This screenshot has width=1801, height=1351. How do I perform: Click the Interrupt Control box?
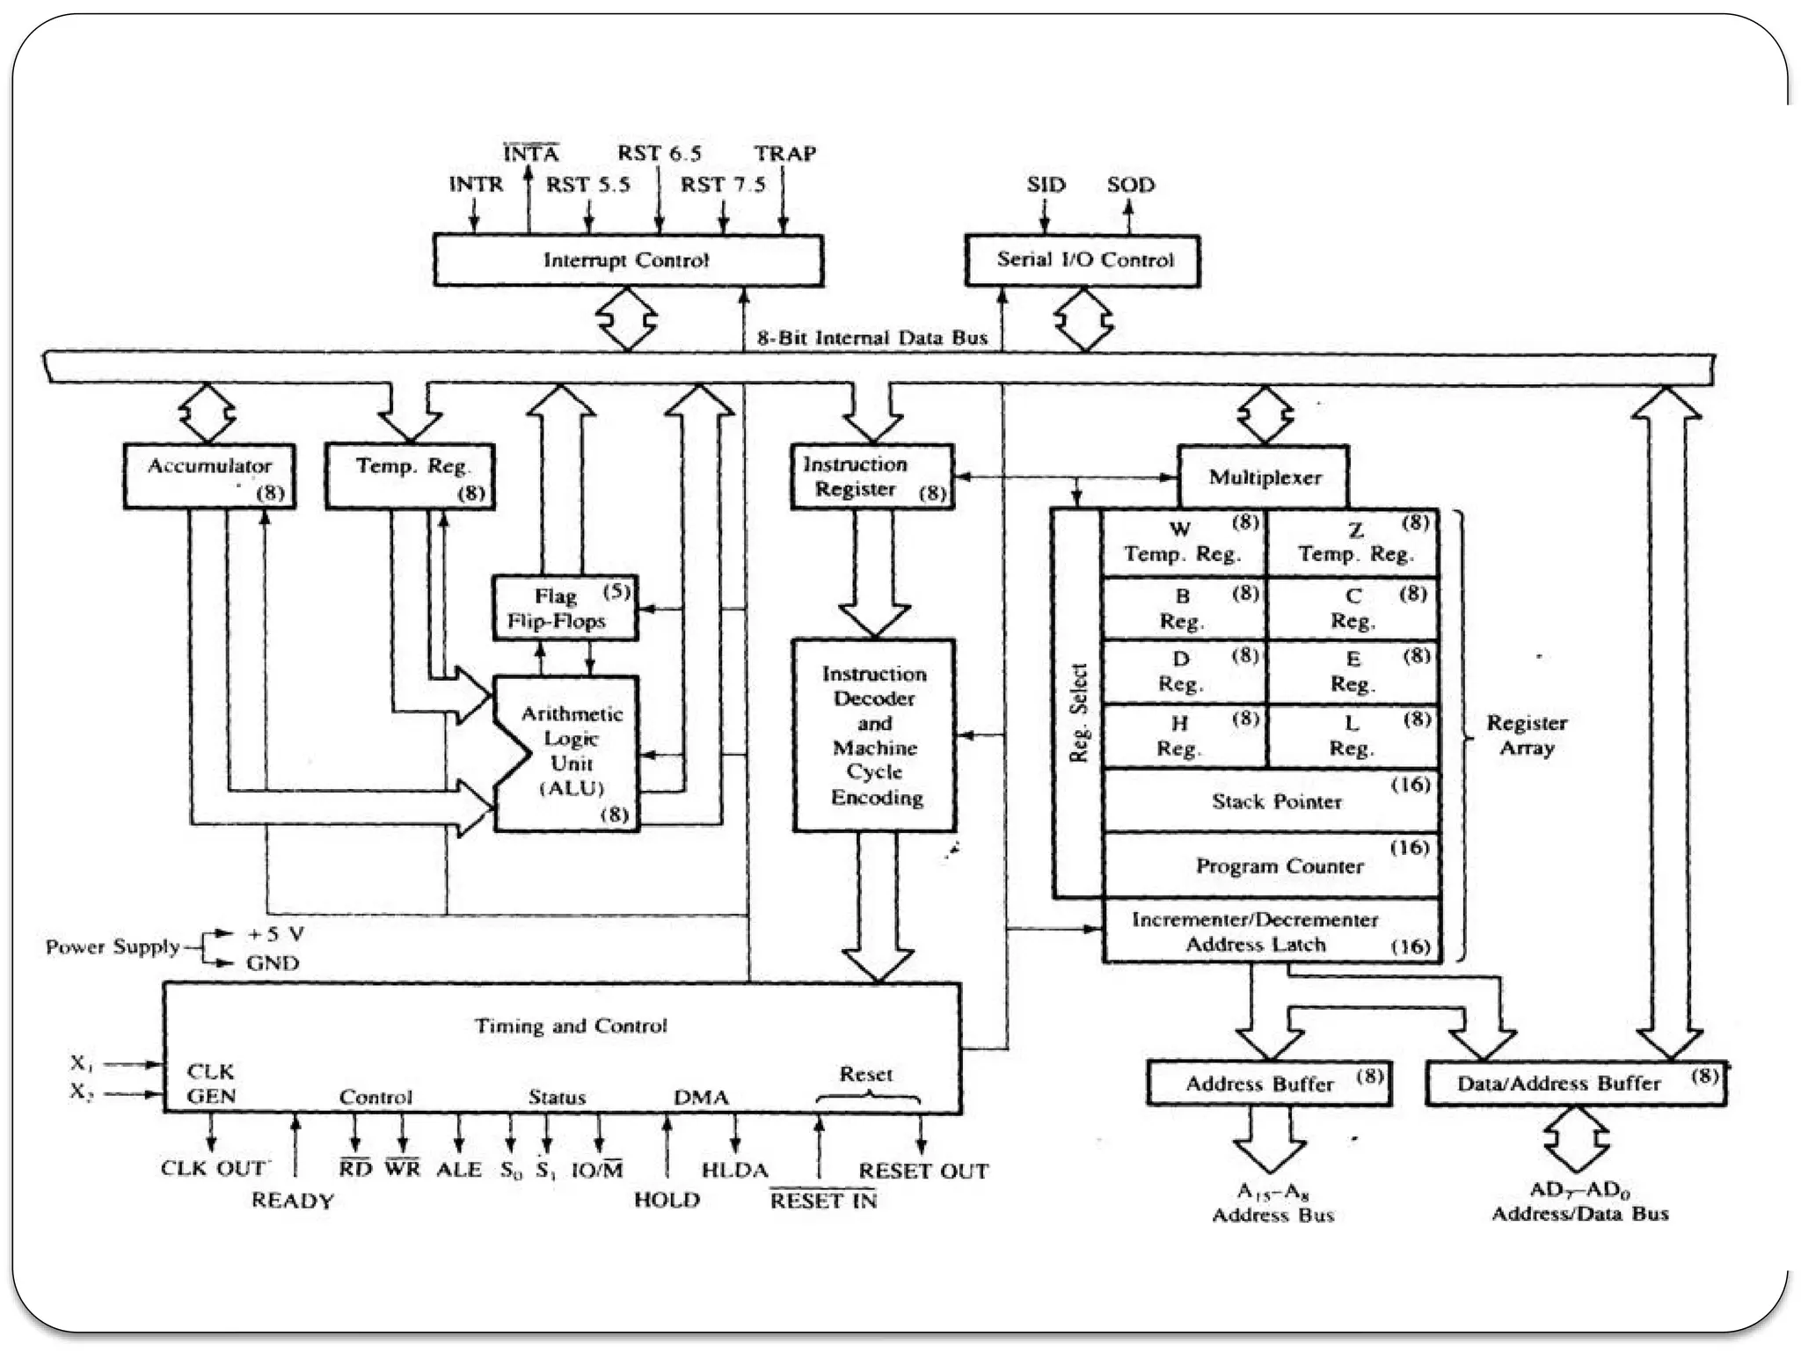[627, 260]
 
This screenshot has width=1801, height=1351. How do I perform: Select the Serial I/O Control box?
[1083, 260]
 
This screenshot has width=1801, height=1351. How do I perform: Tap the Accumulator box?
[209, 476]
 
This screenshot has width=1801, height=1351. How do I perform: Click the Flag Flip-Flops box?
[565, 608]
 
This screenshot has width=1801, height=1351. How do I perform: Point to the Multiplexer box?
[1264, 478]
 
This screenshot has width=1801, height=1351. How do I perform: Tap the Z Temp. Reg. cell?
[1354, 543]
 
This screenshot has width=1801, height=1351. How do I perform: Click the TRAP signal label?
[784, 154]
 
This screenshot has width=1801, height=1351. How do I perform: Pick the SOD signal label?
[1130, 185]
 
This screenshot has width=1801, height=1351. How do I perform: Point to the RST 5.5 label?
[587, 185]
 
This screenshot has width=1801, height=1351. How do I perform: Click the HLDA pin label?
[734, 1171]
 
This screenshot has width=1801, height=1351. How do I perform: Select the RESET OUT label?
[922, 1171]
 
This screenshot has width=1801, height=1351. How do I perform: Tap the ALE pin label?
[458, 1170]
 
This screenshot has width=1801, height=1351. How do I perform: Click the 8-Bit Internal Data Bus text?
[872, 338]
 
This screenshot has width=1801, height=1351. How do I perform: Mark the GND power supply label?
[273, 963]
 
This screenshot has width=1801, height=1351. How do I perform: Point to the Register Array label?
[1526, 735]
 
